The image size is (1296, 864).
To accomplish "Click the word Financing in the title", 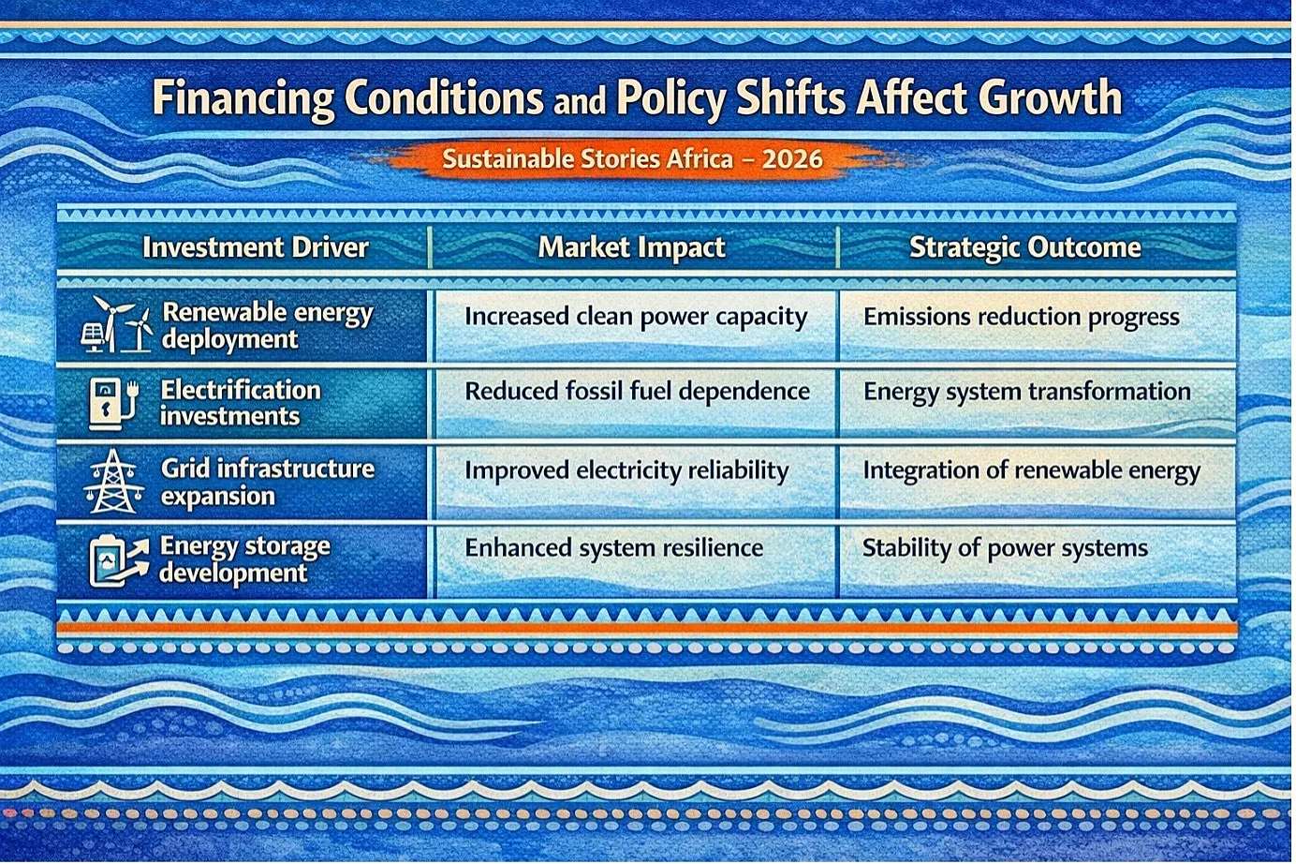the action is (243, 98).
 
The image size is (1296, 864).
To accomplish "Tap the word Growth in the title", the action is (1050, 97).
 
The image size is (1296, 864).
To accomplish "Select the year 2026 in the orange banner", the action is (792, 158).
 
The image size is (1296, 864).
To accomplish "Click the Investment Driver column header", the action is (255, 247).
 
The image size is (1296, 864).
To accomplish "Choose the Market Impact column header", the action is (631, 247).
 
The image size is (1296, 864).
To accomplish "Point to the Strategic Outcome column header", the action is (1025, 247).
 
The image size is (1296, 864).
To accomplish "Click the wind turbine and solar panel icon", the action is (116, 325).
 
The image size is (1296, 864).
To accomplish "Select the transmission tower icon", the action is (113, 482).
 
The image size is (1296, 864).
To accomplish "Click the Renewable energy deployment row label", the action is (267, 326).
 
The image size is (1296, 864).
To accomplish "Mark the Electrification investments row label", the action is (240, 403).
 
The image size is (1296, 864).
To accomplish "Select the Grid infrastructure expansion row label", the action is (267, 483).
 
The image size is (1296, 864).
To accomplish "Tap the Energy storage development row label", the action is (244, 560).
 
